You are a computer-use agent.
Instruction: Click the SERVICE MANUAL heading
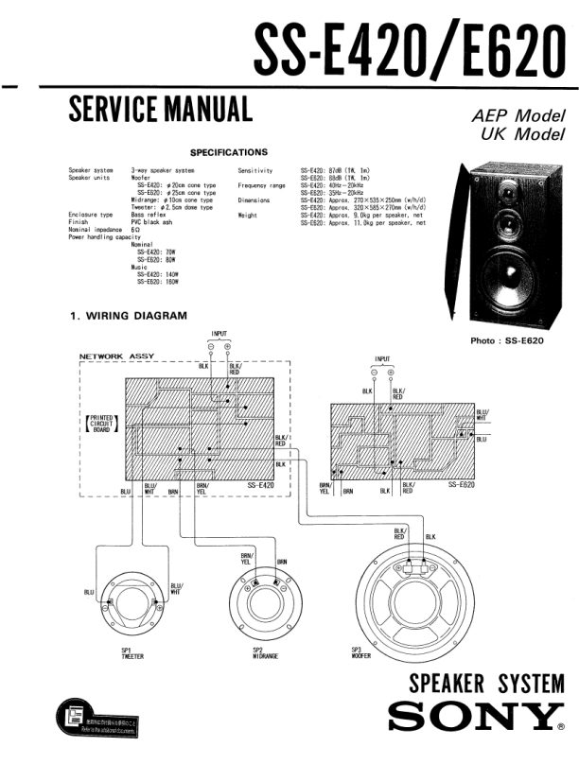pos(160,112)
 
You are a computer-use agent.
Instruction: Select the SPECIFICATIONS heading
pos(229,151)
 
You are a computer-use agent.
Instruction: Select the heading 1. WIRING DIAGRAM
pos(128,316)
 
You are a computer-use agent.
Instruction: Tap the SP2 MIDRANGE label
pos(264,654)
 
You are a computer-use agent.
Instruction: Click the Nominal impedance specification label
pos(94,230)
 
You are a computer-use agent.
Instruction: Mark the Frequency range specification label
pos(261,185)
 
